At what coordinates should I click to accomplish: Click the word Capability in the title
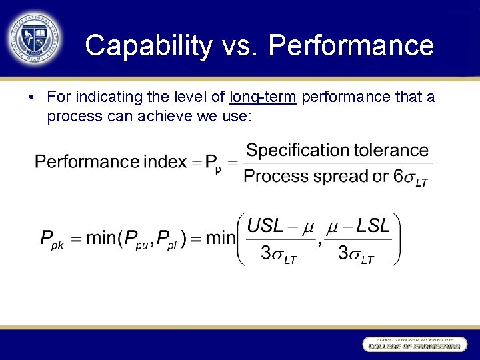[148, 45]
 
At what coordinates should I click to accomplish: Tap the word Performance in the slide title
[351, 45]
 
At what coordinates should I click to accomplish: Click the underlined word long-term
[262, 97]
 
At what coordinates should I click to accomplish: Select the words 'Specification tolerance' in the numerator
[337, 150]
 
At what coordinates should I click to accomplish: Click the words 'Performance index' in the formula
[111, 162]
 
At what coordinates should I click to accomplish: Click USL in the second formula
[265, 225]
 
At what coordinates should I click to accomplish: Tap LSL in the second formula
[373, 225]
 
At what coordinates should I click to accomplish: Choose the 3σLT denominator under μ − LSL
[356, 254]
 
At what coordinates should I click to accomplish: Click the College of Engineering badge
[412, 345]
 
